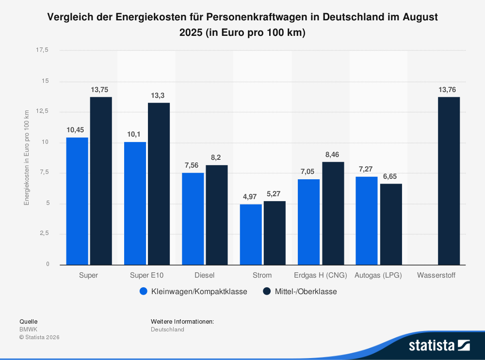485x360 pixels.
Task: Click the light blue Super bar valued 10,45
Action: pyautogui.click(x=77, y=201)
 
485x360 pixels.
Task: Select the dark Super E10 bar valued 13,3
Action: pyautogui.click(x=159, y=184)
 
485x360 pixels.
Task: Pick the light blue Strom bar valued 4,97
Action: pyautogui.click(x=251, y=235)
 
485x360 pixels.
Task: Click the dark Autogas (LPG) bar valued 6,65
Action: pyautogui.click(x=390, y=224)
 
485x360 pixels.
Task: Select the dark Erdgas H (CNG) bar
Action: pyautogui.click(x=333, y=213)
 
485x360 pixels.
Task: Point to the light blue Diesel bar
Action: pyautogui.click(x=193, y=219)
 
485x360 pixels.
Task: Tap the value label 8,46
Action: pyautogui.click(x=333, y=155)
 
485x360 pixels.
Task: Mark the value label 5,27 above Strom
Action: pyautogui.click(x=274, y=194)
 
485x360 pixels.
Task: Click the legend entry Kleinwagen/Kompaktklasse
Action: pyautogui.click(x=193, y=292)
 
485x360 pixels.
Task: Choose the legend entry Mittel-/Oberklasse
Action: pyautogui.click(x=300, y=292)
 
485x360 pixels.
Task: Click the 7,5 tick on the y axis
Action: pyautogui.click(x=44, y=172)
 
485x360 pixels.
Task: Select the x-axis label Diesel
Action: pyautogui.click(x=204, y=275)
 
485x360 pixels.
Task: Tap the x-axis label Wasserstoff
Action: pyautogui.click(x=436, y=275)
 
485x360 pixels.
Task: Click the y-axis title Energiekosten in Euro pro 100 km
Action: pyautogui.click(x=27, y=157)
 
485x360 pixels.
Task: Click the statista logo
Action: pyautogui.click(x=439, y=345)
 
